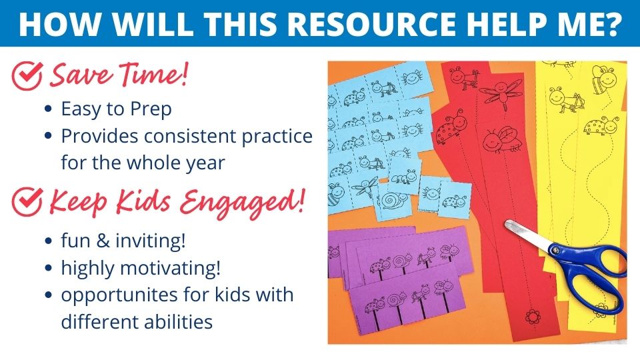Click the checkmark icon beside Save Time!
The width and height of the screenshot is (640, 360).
click(x=27, y=75)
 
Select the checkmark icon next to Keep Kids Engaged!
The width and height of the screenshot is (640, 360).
click(x=27, y=201)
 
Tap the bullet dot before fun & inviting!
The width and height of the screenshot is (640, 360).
click(x=49, y=241)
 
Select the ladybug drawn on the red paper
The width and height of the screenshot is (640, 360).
click(x=451, y=126)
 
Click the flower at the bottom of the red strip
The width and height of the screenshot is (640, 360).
click(x=532, y=316)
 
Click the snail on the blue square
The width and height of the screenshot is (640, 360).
click(x=394, y=200)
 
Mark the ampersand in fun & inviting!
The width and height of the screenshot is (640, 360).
click(x=103, y=241)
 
